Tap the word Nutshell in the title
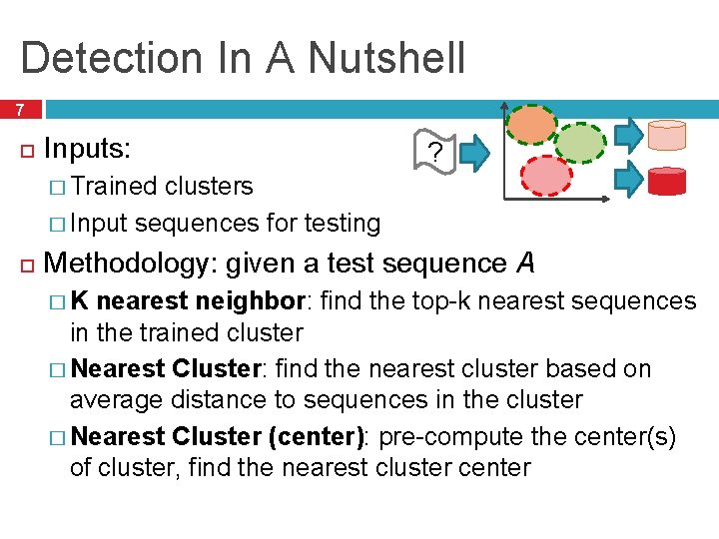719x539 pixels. point(386,58)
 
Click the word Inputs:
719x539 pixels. point(88,150)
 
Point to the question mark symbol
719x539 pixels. point(433,153)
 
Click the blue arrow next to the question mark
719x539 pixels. point(476,153)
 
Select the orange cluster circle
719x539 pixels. point(530,125)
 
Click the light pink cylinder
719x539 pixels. point(666,135)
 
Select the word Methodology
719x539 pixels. point(129,264)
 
